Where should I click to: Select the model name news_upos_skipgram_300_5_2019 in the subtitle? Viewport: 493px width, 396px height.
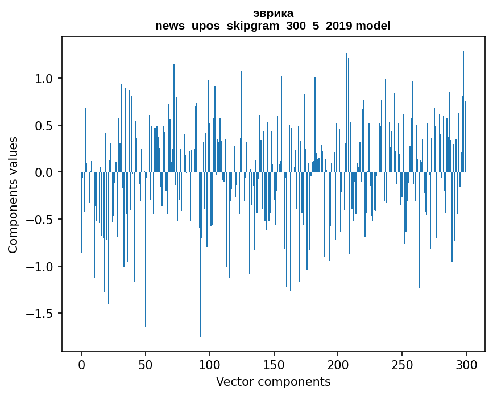tap(254, 26)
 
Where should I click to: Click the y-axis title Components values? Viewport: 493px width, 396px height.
tap(13, 195)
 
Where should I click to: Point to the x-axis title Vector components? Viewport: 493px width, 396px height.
tap(273, 381)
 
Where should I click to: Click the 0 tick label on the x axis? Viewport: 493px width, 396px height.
tap(81, 364)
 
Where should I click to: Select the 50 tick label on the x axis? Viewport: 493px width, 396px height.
tap(146, 364)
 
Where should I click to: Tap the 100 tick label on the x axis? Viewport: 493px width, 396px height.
tap(210, 364)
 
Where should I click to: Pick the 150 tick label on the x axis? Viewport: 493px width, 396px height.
tap(274, 364)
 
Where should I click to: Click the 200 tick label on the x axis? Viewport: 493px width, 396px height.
tap(338, 364)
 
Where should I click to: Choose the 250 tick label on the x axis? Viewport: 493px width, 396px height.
tap(403, 364)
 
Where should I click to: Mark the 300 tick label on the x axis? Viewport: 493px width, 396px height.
tap(467, 364)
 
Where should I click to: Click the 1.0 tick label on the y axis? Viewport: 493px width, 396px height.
tap(45, 78)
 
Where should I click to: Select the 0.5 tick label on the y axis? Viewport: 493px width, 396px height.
tap(45, 125)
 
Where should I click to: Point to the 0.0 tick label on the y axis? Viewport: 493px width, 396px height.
tap(45, 172)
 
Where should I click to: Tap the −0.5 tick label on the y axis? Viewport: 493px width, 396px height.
tap(42, 220)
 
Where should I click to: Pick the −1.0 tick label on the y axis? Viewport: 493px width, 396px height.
tap(42, 266)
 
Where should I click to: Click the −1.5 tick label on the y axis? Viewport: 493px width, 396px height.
tap(42, 313)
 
